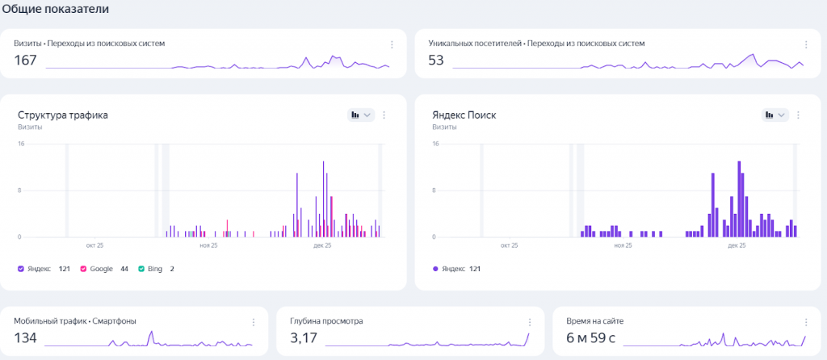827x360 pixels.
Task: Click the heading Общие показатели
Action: (55, 9)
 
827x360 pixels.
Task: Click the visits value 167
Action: (26, 61)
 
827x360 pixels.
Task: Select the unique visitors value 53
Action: (436, 61)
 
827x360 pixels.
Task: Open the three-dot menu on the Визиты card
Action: (392, 44)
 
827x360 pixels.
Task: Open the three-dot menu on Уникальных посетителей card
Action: (806, 44)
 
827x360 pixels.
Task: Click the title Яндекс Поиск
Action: (464, 115)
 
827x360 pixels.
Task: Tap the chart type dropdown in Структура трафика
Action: (360, 115)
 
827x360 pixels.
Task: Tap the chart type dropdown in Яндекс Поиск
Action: (775, 115)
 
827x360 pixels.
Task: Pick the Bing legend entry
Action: (150, 268)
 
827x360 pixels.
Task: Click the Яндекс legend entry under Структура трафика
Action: (39, 268)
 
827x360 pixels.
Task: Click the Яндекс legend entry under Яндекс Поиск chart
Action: (454, 268)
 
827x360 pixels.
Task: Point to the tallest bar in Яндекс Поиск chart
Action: (739, 198)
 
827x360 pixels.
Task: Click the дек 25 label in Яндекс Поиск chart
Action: (737, 245)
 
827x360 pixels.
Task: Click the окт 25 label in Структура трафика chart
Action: (94, 245)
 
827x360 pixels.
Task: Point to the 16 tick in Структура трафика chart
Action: (21, 144)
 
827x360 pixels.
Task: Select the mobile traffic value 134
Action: (26, 338)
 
